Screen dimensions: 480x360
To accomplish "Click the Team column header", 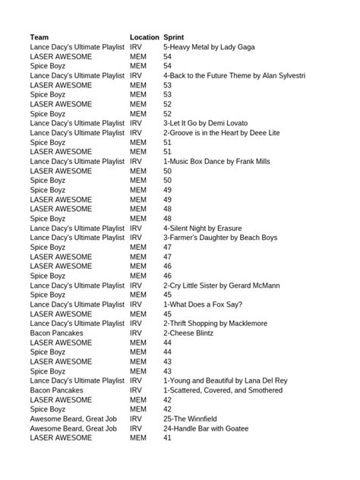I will pyautogui.click(x=39, y=37).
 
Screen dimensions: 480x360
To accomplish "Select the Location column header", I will pyautogui.click(x=144, y=37).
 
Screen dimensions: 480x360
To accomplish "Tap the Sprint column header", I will pyautogui.click(x=174, y=37).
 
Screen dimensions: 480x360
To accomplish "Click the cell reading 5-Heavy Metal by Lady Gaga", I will pyautogui.click(x=209, y=47).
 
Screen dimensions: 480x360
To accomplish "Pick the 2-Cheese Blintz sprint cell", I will pyautogui.click(x=187, y=333).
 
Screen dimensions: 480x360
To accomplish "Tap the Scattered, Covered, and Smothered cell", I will pyautogui.click(x=223, y=390).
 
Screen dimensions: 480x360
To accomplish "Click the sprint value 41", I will pyautogui.click(x=167, y=438).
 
